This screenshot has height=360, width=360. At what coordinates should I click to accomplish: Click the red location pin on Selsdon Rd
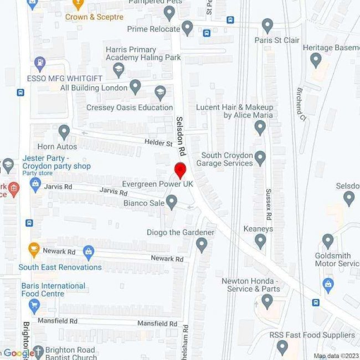tap(180, 169)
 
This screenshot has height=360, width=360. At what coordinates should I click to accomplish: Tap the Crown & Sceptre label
tap(94, 17)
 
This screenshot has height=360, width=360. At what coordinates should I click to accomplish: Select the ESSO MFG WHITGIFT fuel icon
tap(40, 63)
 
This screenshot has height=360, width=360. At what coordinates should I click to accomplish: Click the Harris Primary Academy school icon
tap(118, 70)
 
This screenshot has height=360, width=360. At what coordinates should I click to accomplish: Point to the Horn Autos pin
tap(64, 132)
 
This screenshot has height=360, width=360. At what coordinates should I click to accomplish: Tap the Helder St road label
tap(158, 143)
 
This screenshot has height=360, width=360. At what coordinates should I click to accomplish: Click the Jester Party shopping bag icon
tap(36, 184)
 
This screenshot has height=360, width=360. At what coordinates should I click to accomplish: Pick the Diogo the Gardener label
tap(181, 233)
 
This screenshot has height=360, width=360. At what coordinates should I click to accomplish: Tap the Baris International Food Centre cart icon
tap(34, 305)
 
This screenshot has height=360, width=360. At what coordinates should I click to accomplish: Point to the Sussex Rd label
tap(269, 204)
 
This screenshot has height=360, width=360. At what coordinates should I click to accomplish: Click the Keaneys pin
tap(260, 240)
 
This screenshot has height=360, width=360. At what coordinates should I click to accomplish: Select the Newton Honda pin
tap(268, 301)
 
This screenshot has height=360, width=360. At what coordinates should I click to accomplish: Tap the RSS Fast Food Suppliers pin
tap(282, 347)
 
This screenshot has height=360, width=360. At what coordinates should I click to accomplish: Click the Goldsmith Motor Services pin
tap(328, 241)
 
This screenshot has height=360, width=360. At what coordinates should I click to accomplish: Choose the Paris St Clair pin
tap(268, 25)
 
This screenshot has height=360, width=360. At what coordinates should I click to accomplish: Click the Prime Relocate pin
tap(187, 28)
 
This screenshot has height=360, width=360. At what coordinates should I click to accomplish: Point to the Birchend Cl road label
tap(301, 105)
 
